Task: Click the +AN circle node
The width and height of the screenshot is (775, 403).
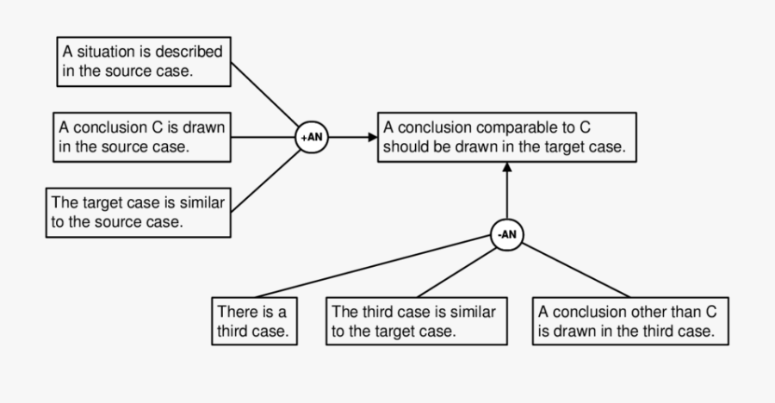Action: click(x=311, y=138)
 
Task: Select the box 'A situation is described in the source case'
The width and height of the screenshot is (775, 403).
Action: click(x=145, y=62)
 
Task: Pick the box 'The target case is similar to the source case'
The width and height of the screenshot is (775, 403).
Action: click(x=140, y=212)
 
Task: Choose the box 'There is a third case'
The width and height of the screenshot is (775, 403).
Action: click(x=253, y=319)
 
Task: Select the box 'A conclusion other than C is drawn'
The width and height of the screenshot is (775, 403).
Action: click(x=627, y=319)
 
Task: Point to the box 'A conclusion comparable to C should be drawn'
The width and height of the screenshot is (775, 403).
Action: click(x=506, y=136)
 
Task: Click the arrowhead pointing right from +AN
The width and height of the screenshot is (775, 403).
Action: click(x=372, y=137)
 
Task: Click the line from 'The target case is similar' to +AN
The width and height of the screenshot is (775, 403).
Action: click(x=265, y=182)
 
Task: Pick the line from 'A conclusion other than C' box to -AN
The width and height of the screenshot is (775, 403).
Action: click(x=577, y=270)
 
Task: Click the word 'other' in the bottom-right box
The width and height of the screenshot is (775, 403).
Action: click(x=636, y=311)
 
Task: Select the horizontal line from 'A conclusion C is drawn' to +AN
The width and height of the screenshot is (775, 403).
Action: click(x=263, y=137)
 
